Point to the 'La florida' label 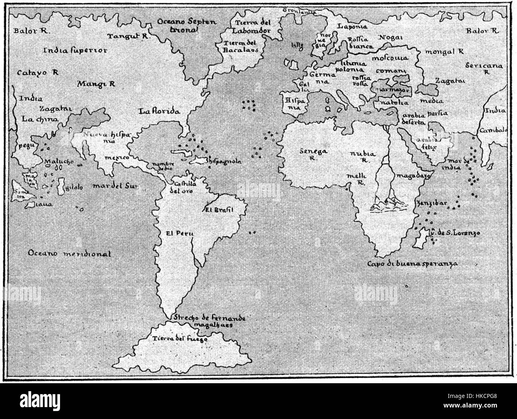click(x=159, y=111)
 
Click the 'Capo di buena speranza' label click(x=412, y=263)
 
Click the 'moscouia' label click(x=389, y=58)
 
